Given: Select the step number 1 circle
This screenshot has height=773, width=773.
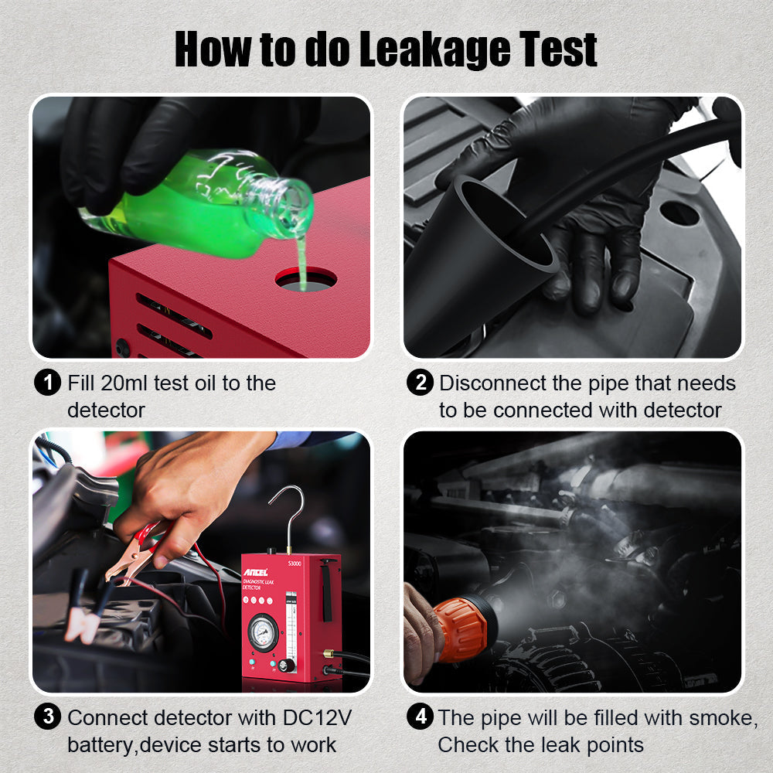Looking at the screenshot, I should click(48, 383).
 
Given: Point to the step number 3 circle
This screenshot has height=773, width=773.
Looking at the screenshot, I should click(48, 717).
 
